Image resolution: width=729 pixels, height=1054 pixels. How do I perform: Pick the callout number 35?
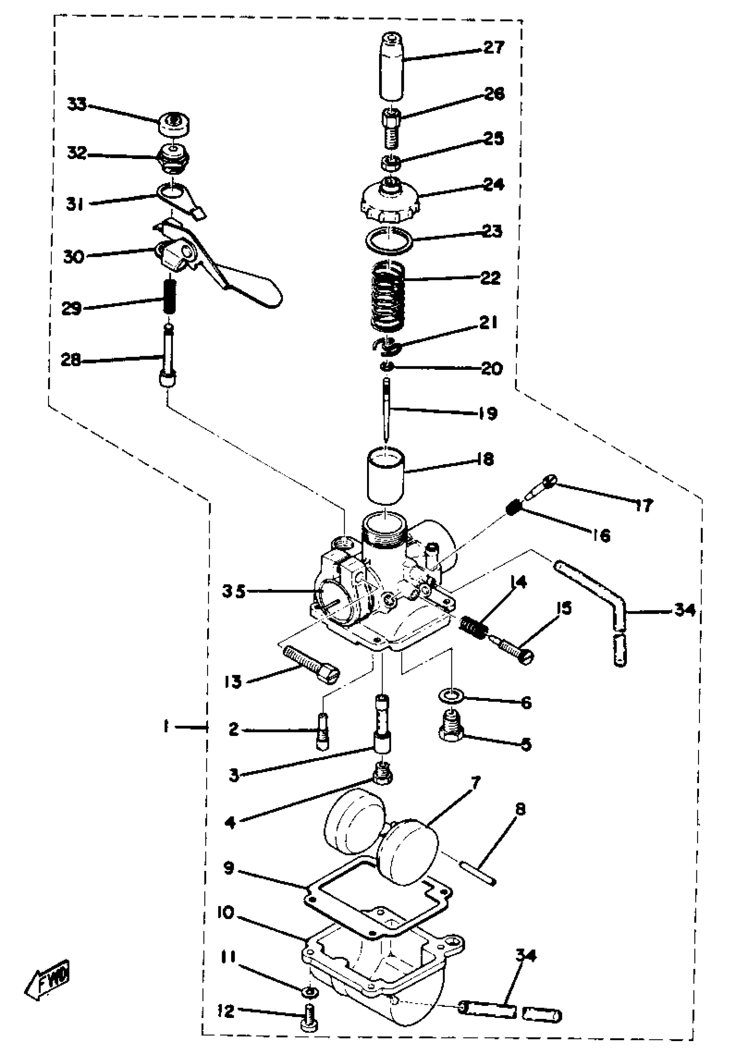[x=234, y=592]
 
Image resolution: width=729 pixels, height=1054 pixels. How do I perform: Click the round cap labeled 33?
[x=175, y=123]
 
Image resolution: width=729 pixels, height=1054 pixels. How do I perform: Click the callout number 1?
[x=166, y=726]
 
